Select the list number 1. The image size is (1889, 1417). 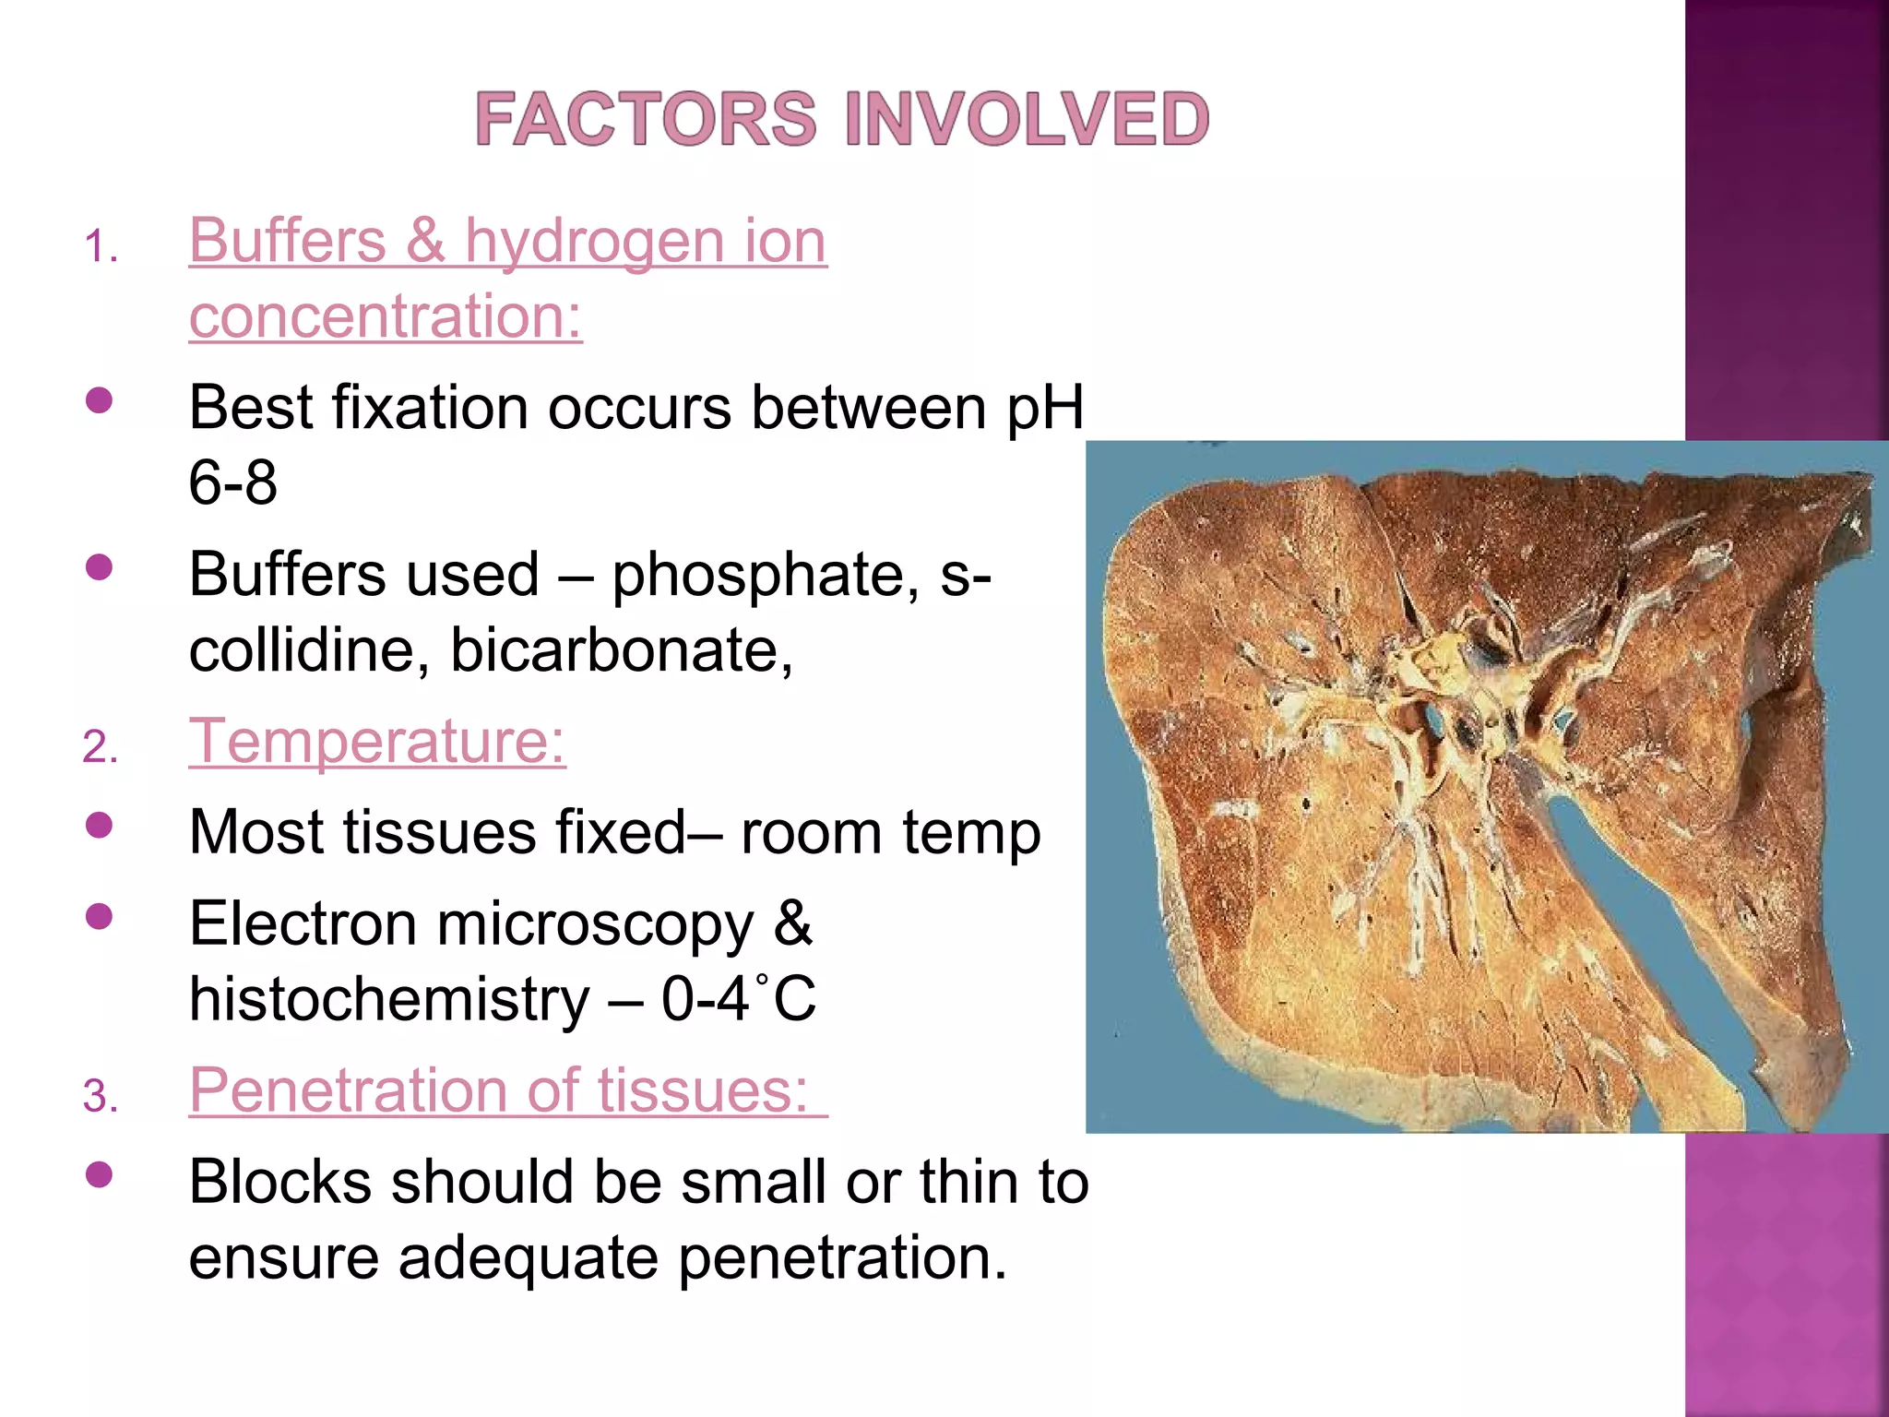point(100,247)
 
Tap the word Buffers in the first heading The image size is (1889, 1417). point(287,241)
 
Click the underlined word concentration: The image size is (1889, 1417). point(386,316)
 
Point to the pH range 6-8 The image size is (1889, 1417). point(232,482)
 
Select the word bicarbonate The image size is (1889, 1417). point(621,650)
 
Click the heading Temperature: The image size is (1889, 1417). point(377,741)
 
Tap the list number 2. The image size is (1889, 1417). point(100,746)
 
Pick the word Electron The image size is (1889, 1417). point(303,924)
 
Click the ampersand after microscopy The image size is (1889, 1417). point(792,923)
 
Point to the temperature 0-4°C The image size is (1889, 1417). point(738,999)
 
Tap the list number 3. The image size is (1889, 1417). point(100,1097)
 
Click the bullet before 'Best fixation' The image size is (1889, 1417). point(99,399)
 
